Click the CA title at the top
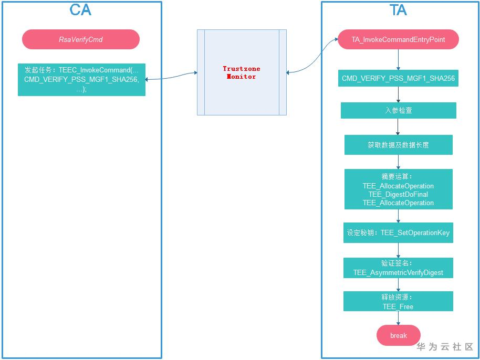pos(80,10)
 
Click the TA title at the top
pos(398,10)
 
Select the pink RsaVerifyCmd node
pos(81,39)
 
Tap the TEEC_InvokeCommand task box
pos(81,80)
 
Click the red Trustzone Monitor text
pos(242,72)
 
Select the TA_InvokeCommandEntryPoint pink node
pos(398,39)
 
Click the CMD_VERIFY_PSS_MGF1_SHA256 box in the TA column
pos(398,78)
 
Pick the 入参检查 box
pos(398,110)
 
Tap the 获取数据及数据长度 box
pos(398,145)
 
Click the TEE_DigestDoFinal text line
pos(398,194)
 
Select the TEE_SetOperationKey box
pos(398,233)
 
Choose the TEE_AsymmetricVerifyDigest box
pos(398,268)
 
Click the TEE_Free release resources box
pos(398,301)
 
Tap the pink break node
pos(398,335)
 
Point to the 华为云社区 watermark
pos(445,347)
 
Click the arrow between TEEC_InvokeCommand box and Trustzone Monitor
pos(171,77)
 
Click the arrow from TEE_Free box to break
pos(398,318)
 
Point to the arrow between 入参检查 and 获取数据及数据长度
pos(398,127)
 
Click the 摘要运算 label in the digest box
pos(396,177)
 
